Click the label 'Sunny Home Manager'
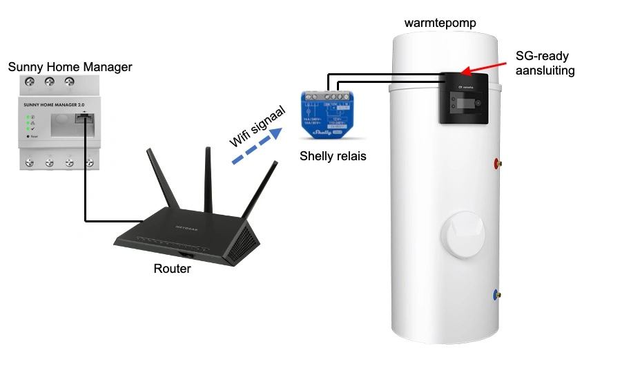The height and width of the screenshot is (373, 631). pos(70,67)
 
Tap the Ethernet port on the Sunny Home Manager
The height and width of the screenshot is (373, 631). pos(84,118)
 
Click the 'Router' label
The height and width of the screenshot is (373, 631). pos(172,269)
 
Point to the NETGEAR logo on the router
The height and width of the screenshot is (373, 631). pos(188,227)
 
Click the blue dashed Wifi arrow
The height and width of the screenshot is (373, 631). pos(256,147)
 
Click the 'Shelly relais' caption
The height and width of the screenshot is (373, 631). pos(333,156)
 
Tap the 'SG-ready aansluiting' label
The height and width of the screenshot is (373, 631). pos(545,63)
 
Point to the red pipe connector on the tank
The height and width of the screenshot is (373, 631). pos(496,164)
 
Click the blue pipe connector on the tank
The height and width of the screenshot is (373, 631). pos(496,295)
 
